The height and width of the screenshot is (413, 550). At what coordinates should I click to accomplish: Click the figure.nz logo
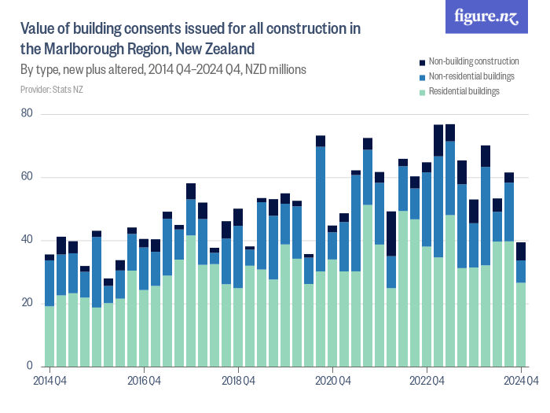click(x=486, y=17)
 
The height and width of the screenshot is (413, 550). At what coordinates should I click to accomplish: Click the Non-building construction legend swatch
click(x=421, y=61)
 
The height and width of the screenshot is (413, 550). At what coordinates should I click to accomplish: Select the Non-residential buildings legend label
click(x=471, y=76)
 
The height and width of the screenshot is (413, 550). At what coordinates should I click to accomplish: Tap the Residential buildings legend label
click(x=464, y=91)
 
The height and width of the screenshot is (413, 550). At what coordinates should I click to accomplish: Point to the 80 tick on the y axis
click(x=27, y=114)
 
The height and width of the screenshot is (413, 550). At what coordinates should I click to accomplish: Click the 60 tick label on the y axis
click(x=27, y=177)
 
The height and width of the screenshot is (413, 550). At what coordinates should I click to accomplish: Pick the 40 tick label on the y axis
click(x=27, y=240)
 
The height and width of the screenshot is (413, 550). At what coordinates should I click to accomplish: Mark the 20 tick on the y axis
click(x=27, y=303)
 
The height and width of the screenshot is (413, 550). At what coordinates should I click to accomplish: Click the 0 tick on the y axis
click(x=29, y=366)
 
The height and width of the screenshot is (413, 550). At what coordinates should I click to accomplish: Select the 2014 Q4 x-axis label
click(x=49, y=382)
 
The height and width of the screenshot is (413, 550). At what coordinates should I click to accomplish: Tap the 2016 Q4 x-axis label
click(x=144, y=382)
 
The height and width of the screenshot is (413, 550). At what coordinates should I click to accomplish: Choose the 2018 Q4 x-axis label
click(x=238, y=382)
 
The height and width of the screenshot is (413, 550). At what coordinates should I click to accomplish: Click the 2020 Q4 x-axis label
click(x=332, y=382)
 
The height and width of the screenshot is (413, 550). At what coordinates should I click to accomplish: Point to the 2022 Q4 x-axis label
click(x=427, y=382)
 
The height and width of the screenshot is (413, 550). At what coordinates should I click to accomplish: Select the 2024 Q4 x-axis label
click(x=521, y=382)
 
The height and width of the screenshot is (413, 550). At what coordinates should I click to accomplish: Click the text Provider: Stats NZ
click(x=52, y=90)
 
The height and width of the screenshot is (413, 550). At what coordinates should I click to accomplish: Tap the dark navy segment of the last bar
click(x=521, y=251)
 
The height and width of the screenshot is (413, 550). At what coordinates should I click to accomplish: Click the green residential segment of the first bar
click(x=49, y=336)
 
